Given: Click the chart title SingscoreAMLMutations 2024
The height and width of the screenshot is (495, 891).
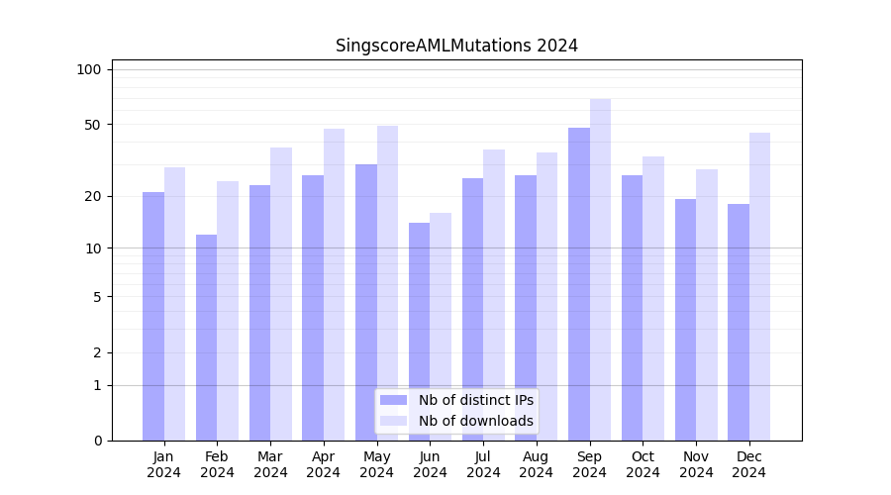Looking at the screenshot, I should [456, 46].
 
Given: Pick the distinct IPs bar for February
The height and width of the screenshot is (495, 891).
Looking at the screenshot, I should [206, 338].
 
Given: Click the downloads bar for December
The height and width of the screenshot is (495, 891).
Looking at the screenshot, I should [760, 286].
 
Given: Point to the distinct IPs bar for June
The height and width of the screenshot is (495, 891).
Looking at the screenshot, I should [419, 332].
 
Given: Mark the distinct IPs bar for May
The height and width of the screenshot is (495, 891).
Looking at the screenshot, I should [366, 302].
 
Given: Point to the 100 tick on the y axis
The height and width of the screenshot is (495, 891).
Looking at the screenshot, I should [89, 69].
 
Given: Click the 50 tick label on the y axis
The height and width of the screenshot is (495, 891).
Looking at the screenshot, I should [92, 125].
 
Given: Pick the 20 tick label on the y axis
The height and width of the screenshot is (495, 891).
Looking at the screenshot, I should [92, 196].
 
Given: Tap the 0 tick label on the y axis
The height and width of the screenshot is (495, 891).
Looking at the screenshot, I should [97, 441].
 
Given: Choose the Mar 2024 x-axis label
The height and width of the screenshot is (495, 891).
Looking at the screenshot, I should [270, 464].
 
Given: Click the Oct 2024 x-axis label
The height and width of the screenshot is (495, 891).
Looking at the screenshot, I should [643, 464].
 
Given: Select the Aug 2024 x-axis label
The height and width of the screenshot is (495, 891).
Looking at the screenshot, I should [537, 464].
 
